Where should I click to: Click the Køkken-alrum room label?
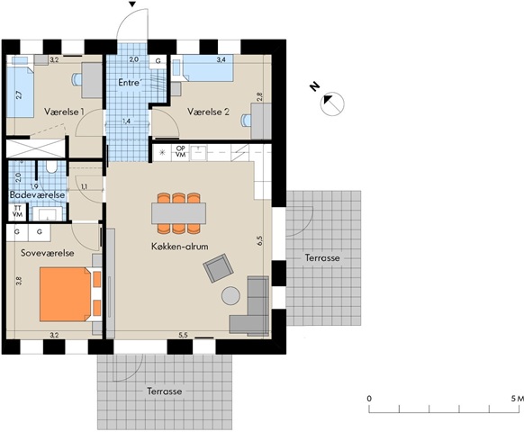pyautogui.click(x=179, y=247)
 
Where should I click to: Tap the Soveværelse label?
pyautogui.click(x=48, y=253)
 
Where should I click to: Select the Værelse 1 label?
pyautogui.click(x=64, y=112)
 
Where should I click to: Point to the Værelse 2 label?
pyautogui.click(x=208, y=112)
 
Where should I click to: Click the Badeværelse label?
pyautogui.click(x=37, y=194)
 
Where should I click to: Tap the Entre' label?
pyautogui.click(x=130, y=82)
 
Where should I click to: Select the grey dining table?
pyautogui.click(x=178, y=213)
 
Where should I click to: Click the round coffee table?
pyautogui.click(x=230, y=296)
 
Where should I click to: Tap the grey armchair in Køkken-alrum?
pyautogui.click(x=218, y=268)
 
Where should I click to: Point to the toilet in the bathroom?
pyautogui.click(x=51, y=167)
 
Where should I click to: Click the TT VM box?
pyautogui.click(x=17, y=211)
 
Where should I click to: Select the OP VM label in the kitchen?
pyautogui.click(x=180, y=152)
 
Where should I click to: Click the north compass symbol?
pyautogui.click(x=332, y=103)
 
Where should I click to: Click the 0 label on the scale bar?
pyautogui.click(x=369, y=399)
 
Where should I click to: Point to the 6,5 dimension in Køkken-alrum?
pyautogui.click(x=260, y=241)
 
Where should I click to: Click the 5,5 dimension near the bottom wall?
pyautogui.click(x=183, y=336)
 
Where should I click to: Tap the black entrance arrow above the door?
pyautogui.click(x=132, y=4)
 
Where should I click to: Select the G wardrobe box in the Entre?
pyautogui.click(x=158, y=61)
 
